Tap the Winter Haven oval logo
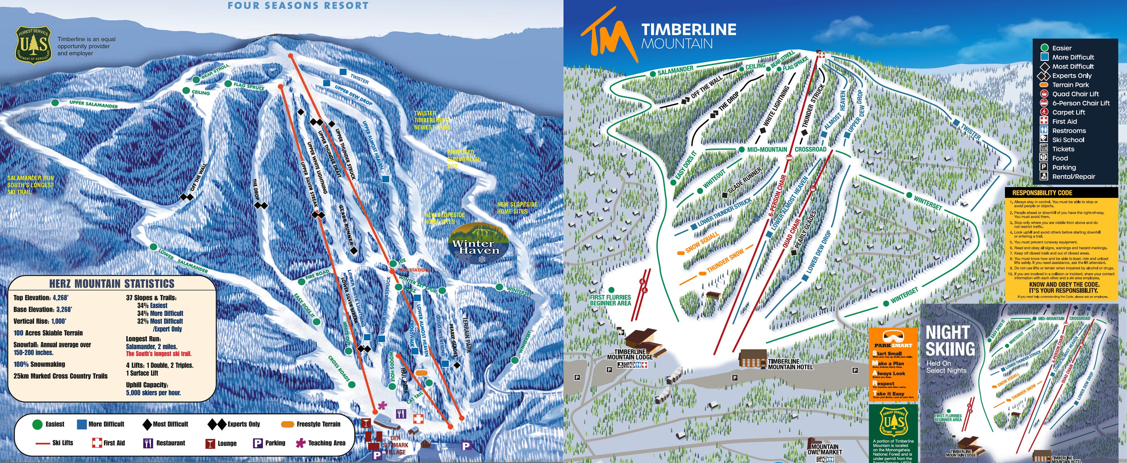pos(479,243)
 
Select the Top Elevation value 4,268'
pos(60,298)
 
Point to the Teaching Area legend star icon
pos(300,443)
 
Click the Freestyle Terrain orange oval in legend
pos(287,424)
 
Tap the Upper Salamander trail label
pos(93,104)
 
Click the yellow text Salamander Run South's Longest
pos(31,185)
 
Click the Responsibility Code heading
pos(1042,193)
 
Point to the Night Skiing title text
pos(950,341)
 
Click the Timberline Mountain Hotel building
pos(752,358)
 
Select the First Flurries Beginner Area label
pos(610,300)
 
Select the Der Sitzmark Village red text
pos(395,445)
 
